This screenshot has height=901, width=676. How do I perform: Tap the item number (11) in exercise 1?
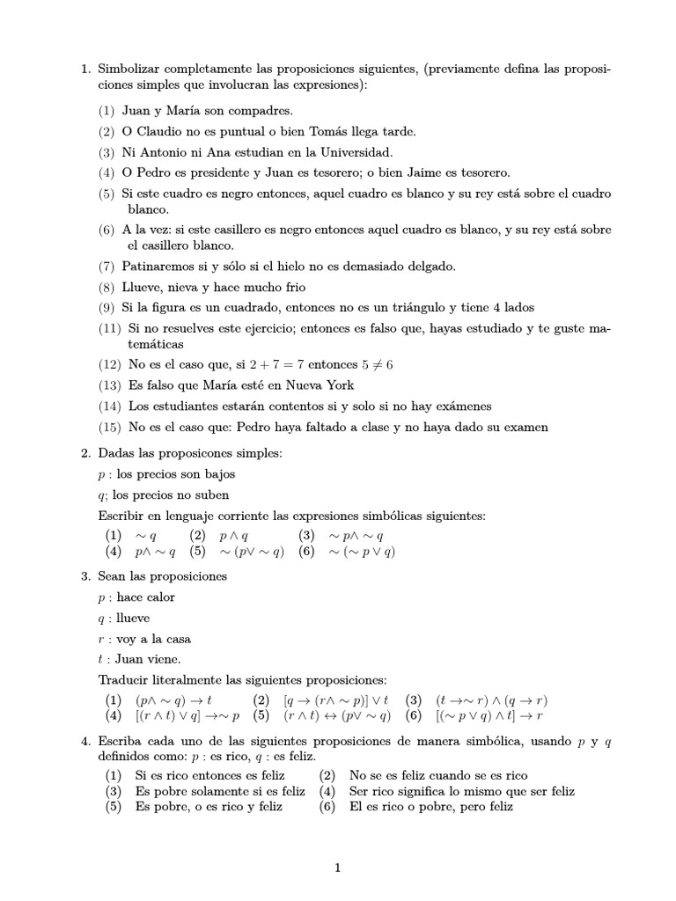[110, 328]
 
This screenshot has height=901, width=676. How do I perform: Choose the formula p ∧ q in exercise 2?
[234, 535]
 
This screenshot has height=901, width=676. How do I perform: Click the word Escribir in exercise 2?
[122, 516]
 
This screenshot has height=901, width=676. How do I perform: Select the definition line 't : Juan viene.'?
[140, 659]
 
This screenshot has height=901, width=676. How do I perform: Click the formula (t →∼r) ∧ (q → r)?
[491, 700]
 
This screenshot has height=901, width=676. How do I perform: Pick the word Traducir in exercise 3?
[124, 680]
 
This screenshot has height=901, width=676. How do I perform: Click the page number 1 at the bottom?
[337, 868]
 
